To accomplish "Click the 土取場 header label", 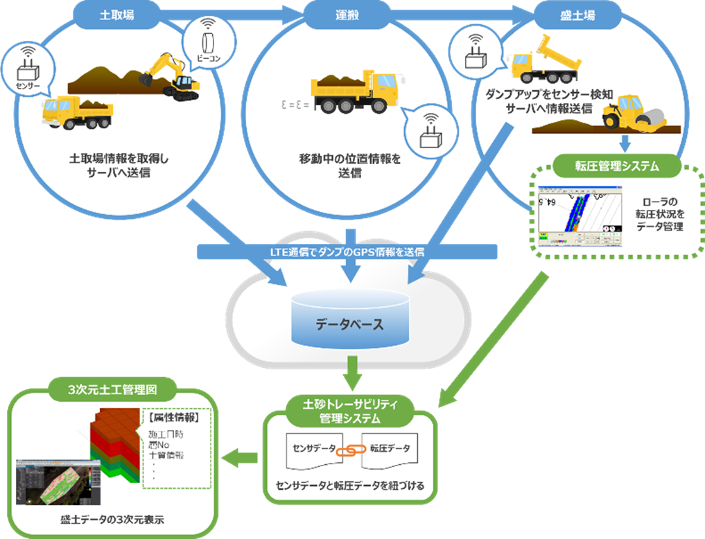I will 113,15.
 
